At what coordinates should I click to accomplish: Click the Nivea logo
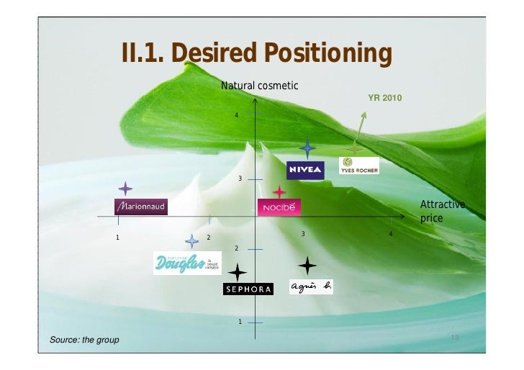(305, 169)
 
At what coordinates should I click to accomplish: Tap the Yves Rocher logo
(358, 166)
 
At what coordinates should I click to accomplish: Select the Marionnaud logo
(141, 207)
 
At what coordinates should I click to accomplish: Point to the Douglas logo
(186, 263)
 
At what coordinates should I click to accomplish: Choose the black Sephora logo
(248, 289)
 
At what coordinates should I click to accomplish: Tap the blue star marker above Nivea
(308, 149)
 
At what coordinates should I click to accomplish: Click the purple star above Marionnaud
(125, 189)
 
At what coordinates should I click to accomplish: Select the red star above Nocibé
(279, 191)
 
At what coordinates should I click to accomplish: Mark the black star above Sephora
(237, 272)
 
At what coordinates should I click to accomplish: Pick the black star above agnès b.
(307, 266)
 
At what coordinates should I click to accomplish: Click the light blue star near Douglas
(191, 241)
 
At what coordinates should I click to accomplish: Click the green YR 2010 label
(385, 97)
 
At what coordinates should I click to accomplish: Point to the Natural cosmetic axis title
(259, 86)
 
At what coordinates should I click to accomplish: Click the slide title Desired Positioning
(257, 53)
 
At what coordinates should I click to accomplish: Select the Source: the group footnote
(84, 339)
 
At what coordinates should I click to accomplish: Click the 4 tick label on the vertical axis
(236, 115)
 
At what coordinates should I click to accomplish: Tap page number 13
(454, 338)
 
